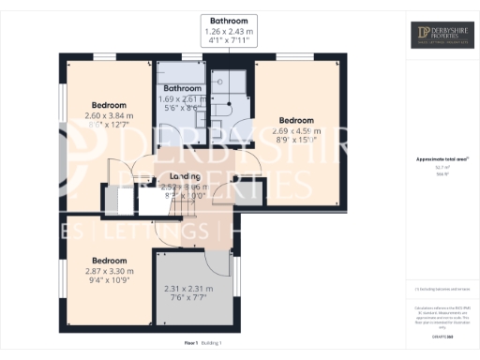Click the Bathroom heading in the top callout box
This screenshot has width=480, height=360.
[x=228, y=20]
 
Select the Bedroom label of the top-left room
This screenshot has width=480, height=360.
[x=109, y=104]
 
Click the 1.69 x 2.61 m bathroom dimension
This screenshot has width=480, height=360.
[x=177, y=99]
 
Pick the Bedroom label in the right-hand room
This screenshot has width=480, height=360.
[x=295, y=120]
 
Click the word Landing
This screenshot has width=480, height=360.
[x=185, y=177]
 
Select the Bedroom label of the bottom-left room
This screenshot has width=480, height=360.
[x=109, y=260]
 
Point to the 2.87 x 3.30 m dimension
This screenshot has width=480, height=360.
[x=109, y=271]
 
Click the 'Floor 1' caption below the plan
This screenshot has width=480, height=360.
[x=192, y=344]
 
